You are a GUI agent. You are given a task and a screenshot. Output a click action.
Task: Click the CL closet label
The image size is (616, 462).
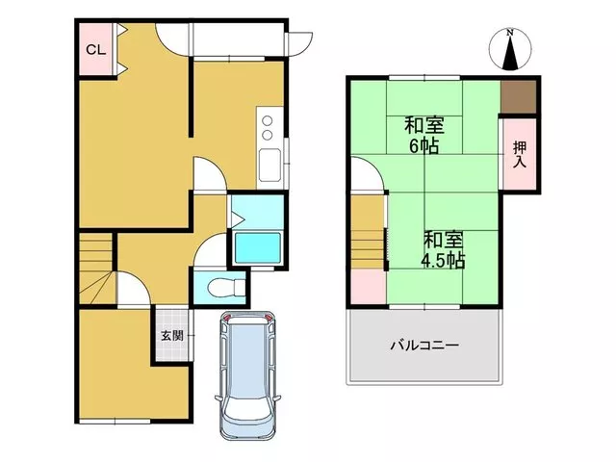point(96,50)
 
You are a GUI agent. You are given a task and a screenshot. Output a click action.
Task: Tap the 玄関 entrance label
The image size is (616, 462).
point(172,336)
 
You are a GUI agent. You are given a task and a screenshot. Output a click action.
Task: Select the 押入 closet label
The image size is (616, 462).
point(520,155)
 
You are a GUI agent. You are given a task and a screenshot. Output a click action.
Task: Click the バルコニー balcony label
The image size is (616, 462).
point(424,346)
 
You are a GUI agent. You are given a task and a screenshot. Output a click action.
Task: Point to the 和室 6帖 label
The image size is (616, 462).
point(423,136)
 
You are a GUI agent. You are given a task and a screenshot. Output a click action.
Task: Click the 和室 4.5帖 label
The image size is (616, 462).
point(443,250)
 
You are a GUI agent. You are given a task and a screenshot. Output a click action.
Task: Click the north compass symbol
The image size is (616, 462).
point(510,49)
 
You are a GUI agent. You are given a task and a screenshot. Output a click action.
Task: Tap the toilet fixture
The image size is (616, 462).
point(225,287)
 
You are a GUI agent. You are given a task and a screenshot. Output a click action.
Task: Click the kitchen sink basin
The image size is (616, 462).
point(269,166)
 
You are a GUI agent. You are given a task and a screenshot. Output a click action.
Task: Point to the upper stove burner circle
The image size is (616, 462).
point(268,120)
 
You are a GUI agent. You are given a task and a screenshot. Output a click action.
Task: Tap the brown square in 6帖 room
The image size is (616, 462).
point(519,96)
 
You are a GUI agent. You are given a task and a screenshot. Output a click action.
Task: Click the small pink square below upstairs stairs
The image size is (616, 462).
point(369,287)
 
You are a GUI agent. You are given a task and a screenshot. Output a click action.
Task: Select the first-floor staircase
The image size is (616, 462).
point(96,268)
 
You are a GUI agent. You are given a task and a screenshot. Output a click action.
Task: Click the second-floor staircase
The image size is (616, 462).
point(368,233)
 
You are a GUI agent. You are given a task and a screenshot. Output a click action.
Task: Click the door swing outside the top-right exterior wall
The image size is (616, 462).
point(299,44)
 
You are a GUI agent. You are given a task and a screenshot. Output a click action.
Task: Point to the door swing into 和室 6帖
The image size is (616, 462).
point(367,173)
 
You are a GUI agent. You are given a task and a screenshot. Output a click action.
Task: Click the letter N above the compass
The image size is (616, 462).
point(510,33)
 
